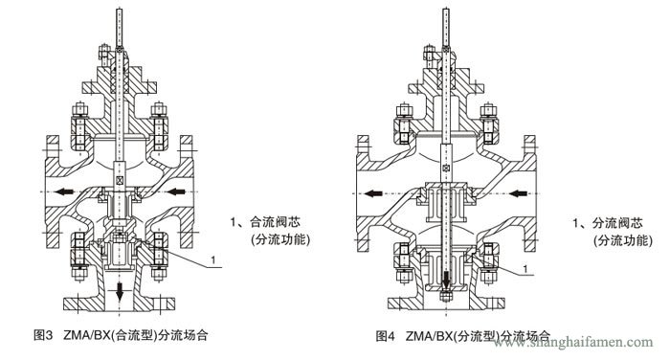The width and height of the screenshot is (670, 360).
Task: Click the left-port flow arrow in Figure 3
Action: click(64, 192)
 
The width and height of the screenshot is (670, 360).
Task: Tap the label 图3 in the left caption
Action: click(43, 336)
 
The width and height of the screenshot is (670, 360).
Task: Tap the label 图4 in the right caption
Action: click(387, 337)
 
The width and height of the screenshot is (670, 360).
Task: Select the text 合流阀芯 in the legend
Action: click(274, 221)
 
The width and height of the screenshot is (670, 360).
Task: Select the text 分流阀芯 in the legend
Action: click(616, 221)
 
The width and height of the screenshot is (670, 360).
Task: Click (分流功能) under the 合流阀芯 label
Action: click(280, 239)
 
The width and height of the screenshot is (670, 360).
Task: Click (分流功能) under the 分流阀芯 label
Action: click(622, 239)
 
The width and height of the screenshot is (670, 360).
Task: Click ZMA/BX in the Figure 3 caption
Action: click(87, 336)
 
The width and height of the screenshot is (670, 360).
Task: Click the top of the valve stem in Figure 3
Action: click(119, 11)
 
